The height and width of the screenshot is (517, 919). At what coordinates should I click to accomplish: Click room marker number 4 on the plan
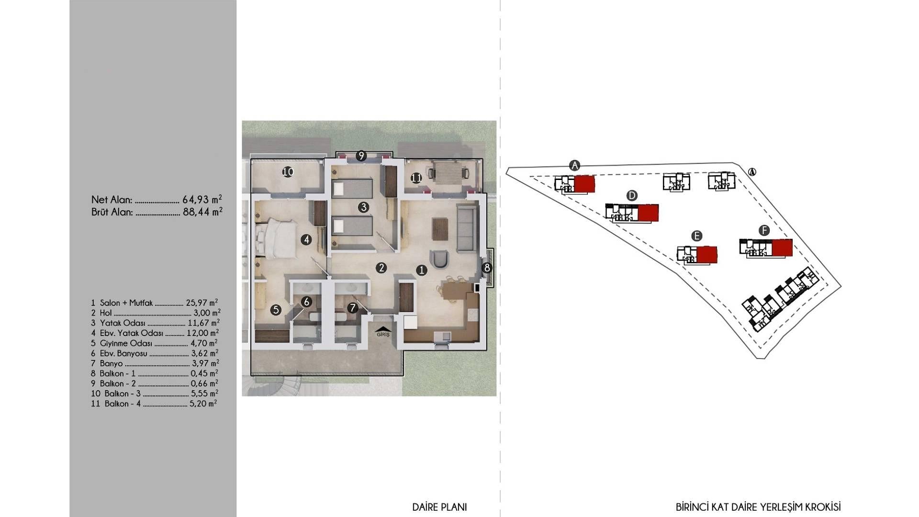pos(306,240)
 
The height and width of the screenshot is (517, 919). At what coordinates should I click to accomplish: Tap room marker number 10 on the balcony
pos(288,172)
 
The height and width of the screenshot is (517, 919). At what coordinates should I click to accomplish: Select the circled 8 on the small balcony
pos(487,268)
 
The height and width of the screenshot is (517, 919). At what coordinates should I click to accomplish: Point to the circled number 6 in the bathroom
pos(307,302)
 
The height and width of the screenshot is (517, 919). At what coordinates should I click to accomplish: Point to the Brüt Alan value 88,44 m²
pos(202,211)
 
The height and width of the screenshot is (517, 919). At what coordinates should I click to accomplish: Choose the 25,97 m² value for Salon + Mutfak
pos(202,303)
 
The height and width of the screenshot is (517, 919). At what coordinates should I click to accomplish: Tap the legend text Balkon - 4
pos(123,404)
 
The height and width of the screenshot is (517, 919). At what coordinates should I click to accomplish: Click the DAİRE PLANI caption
pos(439,507)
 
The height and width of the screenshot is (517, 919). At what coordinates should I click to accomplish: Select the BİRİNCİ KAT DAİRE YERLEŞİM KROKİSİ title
pos(758,507)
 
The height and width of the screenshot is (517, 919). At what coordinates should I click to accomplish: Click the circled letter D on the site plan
pos(632,195)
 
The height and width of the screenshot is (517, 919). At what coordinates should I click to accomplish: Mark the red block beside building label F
pos(782,247)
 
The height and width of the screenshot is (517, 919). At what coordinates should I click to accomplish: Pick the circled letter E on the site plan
pos(696,236)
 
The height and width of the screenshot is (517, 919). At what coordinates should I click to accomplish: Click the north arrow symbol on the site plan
pos(752,172)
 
